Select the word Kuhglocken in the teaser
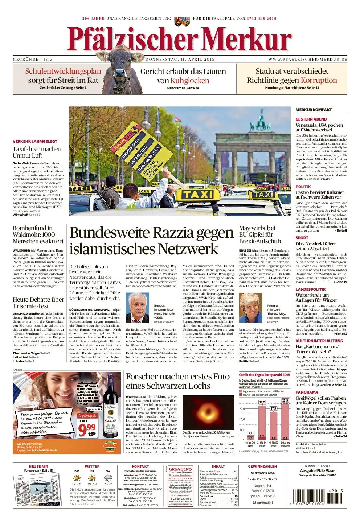coord(190,81)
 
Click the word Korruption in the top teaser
coord(319,80)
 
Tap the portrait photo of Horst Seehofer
coord(138,308)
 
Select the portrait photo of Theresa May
coord(251,308)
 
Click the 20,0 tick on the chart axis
coord(242,409)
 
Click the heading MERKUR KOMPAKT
coord(314,110)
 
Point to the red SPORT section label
coord(302,238)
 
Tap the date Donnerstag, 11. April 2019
coord(180,59)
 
